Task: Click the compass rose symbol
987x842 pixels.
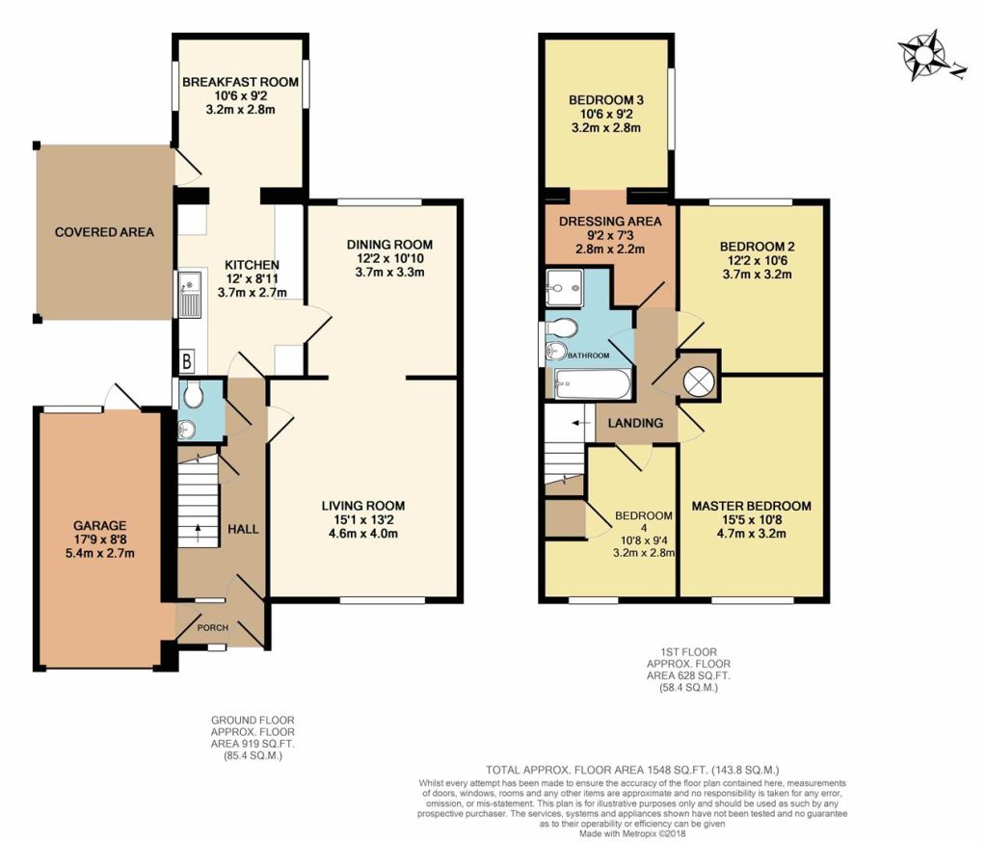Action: pos(926,55)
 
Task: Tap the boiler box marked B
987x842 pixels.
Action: pos(187,362)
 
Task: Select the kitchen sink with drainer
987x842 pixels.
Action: pos(190,295)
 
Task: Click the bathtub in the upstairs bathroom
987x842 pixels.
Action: pos(593,383)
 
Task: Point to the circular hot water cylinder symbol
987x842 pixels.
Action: pos(698,382)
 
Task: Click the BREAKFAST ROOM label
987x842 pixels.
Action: pos(240,82)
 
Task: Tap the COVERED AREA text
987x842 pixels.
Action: pos(104,232)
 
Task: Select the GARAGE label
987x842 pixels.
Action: pos(100,525)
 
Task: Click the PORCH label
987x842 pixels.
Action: pos(213,627)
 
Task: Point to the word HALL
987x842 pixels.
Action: pos(243,529)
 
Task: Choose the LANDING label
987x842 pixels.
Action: pos(635,423)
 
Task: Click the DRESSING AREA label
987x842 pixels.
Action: pos(610,222)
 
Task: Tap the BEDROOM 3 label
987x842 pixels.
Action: pos(606,100)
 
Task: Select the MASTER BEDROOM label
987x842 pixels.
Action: pos(752,506)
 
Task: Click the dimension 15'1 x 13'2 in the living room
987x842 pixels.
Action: pos(363,520)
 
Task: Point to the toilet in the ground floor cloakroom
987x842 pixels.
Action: pos(192,395)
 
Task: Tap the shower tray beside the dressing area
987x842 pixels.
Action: pos(565,288)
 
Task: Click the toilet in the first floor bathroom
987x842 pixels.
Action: pos(562,328)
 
